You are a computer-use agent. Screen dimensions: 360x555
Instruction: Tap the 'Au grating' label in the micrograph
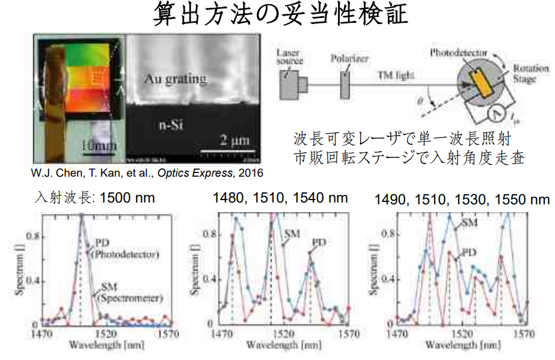175,78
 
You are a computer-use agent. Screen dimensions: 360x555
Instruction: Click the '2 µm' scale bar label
231,141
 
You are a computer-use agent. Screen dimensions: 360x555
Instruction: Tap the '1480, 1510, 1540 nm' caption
280,197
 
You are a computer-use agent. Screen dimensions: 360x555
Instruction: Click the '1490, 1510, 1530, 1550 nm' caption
461,198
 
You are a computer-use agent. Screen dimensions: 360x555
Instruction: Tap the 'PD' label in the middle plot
318,242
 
